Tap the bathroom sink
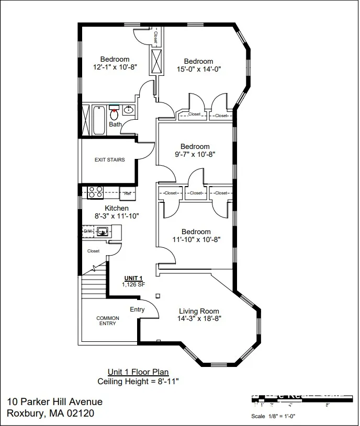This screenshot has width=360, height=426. tap(128, 110)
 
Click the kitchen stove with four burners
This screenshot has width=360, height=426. tap(95, 192)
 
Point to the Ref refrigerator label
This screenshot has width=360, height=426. tap(127, 193)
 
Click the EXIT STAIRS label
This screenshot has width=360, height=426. tap(109, 159)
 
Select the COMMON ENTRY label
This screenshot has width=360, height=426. tap(108, 321)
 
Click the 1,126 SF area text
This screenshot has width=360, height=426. tap(133, 285)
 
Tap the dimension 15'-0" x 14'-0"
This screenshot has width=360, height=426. tap(198, 69)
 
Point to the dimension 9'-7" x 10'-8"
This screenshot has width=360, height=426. tap(195, 154)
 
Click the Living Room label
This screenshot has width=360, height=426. tap(199, 311)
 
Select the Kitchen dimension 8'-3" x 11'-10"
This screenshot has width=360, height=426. tap(117, 216)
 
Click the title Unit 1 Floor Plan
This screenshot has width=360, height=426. tap(138, 372)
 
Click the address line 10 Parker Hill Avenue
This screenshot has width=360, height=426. tap(55, 401)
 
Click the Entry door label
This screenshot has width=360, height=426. tap(137, 309)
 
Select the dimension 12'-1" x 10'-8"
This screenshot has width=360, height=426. tap(115, 67)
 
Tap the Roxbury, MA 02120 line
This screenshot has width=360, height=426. tap(51, 413)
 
